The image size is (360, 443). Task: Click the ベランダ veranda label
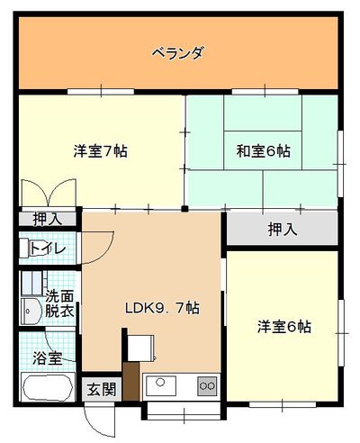178,53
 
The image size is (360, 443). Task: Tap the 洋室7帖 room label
101,151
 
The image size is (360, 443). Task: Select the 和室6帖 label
264,151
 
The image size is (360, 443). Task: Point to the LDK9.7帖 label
162,308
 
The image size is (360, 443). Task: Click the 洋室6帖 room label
284,327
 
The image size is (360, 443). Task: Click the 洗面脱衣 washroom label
59,304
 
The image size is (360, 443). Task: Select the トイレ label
48,249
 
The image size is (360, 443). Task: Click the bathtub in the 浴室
48,387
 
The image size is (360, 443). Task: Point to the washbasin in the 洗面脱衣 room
31,312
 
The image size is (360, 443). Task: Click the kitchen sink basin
161,385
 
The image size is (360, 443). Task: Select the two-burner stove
207,385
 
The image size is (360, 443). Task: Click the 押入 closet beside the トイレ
48,219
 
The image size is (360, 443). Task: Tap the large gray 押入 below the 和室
283,229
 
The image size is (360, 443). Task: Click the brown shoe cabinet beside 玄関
131,381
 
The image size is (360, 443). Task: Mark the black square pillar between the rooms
184,209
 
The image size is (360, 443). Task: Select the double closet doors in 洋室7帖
49,193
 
